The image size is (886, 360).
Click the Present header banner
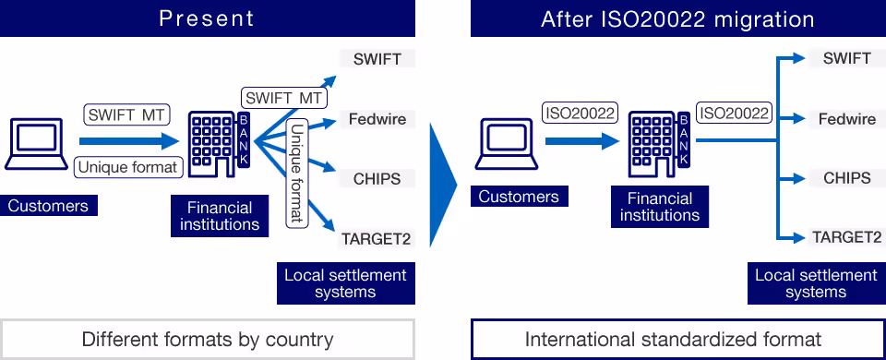tap(208, 18)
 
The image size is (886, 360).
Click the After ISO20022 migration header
tap(678, 18)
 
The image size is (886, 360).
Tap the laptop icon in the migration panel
tap(507, 144)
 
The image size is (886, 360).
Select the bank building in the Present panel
tap(220, 145)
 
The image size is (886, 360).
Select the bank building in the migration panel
tap(659, 145)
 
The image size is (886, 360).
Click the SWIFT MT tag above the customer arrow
tap(126, 115)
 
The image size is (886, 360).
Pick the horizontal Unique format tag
tap(129, 167)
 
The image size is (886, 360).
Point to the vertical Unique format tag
tap(297, 173)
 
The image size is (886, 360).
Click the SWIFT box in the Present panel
tap(377, 59)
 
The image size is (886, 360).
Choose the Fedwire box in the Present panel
tap(377, 119)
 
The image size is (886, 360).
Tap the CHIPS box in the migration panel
tap(847, 178)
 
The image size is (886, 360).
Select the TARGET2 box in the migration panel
tap(847, 237)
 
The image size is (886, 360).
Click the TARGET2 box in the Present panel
tap(377, 239)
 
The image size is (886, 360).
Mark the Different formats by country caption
tap(208, 339)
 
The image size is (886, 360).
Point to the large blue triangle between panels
tap(442, 185)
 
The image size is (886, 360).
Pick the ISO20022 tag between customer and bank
tap(579, 113)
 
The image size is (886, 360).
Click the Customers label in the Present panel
tap(49, 206)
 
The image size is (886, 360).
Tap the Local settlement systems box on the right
tap(817, 283)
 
